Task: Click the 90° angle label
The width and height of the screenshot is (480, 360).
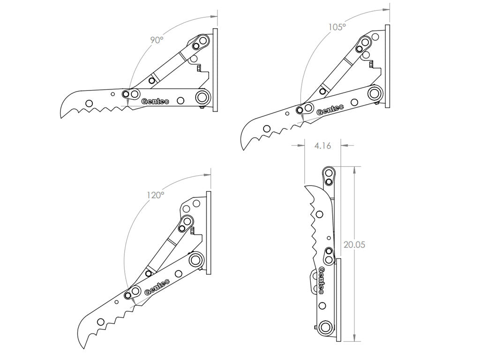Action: (156, 40)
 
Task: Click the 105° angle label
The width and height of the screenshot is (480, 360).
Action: (337, 27)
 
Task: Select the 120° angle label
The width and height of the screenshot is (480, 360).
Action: (155, 195)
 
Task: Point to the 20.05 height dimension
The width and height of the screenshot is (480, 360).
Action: (354, 245)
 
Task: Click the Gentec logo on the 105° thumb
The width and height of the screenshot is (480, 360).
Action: (330, 110)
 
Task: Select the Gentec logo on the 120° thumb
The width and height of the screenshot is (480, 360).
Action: (157, 285)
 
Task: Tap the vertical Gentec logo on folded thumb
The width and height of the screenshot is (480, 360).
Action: (322, 280)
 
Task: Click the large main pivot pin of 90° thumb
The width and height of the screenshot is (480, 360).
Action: (203, 97)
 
